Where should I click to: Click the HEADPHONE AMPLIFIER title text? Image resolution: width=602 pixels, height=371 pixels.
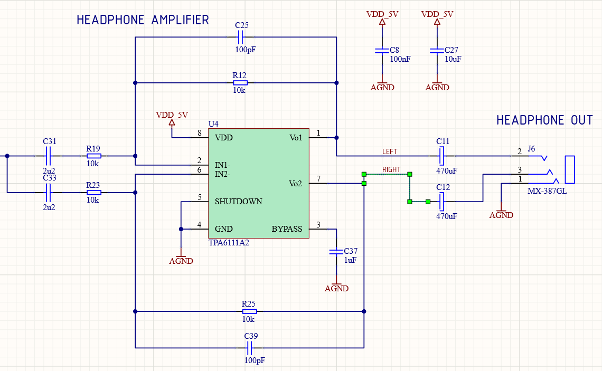tap(143, 20)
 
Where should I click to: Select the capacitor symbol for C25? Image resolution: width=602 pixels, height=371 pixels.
tap(240, 37)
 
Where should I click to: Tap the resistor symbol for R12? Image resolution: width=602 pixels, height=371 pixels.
tap(240, 83)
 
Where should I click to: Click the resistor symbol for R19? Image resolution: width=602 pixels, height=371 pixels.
tap(93, 156)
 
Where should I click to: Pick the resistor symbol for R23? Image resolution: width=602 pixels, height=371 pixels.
tap(93, 193)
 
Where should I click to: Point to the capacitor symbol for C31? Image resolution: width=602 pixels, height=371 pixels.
tap(49, 156)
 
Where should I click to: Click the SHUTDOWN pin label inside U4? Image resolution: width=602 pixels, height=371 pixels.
tap(238, 202)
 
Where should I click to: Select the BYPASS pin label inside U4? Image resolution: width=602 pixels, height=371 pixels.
tap(287, 229)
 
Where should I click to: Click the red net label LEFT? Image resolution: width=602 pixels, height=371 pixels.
tap(390, 152)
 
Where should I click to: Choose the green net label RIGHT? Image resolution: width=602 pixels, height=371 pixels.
tap(391, 170)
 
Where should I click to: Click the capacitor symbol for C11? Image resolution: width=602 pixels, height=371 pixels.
tap(443, 156)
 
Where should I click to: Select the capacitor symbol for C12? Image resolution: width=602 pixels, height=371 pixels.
tap(443, 201)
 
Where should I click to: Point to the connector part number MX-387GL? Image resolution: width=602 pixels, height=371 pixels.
tap(547, 191)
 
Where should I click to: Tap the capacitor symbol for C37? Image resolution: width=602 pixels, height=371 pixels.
tap(336, 251)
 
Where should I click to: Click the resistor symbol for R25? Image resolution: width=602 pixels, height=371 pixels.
tap(249, 312)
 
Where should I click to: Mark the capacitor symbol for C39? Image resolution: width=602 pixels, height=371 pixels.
tap(250, 348)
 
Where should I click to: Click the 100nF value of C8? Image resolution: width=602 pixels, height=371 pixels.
tap(400, 59)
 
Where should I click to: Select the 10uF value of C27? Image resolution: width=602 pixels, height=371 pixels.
tap(453, 59)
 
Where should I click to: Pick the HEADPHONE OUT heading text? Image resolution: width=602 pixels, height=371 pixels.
tap(544, 120)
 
